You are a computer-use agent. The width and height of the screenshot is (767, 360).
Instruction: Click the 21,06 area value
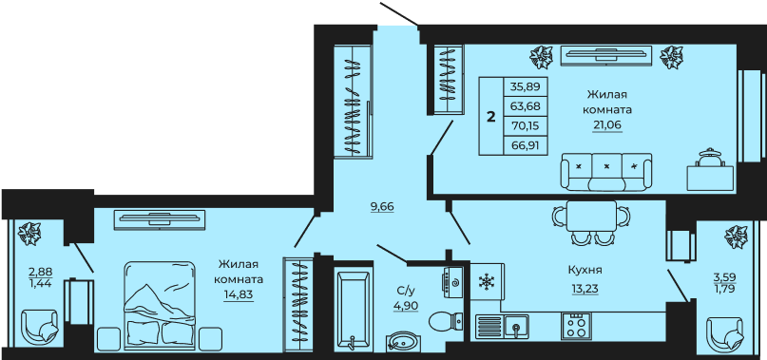607,125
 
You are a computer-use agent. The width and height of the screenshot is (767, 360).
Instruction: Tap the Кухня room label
585,270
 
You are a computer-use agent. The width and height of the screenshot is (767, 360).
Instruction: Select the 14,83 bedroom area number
239,295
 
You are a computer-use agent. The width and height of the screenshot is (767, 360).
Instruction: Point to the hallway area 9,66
382,206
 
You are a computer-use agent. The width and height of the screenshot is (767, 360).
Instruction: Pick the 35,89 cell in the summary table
526,86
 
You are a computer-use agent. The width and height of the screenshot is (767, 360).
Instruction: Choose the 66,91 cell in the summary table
526,145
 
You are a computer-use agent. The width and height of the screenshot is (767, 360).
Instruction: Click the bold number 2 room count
491,117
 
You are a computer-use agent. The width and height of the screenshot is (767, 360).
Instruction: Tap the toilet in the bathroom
446,321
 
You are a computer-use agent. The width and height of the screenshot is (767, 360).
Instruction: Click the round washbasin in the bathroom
403,341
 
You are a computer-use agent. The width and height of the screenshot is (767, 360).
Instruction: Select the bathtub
354,309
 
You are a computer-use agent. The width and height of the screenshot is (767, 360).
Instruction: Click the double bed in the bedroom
160,306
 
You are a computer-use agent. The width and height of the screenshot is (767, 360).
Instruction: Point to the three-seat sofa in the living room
606,172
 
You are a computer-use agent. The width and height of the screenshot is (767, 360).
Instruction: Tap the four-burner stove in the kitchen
576,325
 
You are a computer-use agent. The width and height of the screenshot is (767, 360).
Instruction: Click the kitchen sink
516,326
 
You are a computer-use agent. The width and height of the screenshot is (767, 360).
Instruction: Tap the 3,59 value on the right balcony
724,276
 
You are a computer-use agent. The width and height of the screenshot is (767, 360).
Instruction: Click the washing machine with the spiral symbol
453,282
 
